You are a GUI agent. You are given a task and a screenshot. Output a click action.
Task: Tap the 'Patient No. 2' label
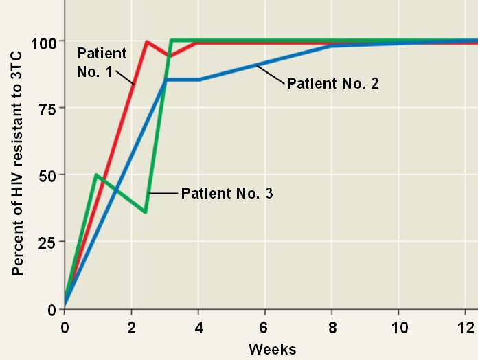pos(333,83)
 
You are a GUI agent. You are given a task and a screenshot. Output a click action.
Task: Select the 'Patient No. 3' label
pos(227,193)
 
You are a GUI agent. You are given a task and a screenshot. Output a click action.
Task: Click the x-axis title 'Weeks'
pos(273,349)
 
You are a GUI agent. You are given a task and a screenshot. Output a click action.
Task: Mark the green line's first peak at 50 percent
pos(95,175)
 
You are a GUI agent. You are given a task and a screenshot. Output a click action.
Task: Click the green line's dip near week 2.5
pos(146,212)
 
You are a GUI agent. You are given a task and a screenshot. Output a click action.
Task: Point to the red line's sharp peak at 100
pos(147,42)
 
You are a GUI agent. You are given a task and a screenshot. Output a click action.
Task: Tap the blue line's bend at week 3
pos(165,80)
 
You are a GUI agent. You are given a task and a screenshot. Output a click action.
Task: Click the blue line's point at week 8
pos(331,46)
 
